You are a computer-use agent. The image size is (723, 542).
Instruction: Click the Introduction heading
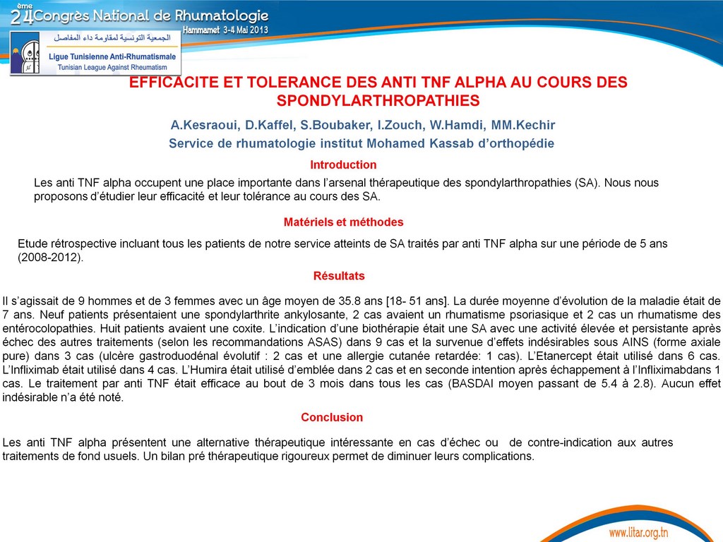343,165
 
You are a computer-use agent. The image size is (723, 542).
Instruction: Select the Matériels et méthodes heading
343,222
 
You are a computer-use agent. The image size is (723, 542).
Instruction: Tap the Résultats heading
339,276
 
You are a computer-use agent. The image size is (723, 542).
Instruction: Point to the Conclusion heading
332,418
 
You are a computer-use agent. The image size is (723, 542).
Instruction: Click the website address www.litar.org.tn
638,531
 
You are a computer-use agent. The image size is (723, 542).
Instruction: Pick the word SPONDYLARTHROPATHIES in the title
378,101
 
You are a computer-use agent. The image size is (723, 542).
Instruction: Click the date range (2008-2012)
50,258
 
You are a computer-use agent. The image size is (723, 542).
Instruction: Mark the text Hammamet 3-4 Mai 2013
225,30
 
